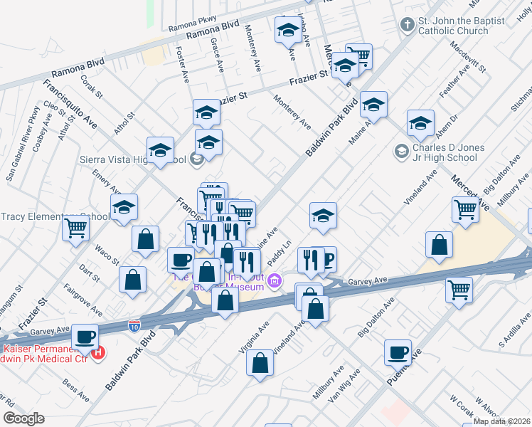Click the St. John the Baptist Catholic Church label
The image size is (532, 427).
pyautogui.click(x=453, y=26)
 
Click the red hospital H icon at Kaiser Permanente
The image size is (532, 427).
pyautogui.click(x=99, y=352)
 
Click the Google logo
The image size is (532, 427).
pyautogui.click(x=23, y=418)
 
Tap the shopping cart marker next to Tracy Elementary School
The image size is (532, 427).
pyautogui.click(x=75, y=229)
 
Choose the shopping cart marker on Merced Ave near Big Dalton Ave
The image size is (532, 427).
pyautogui.click(x=464, y=210)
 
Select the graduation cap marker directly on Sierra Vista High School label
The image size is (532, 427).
pyautogui.click(x=161, y=151)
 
